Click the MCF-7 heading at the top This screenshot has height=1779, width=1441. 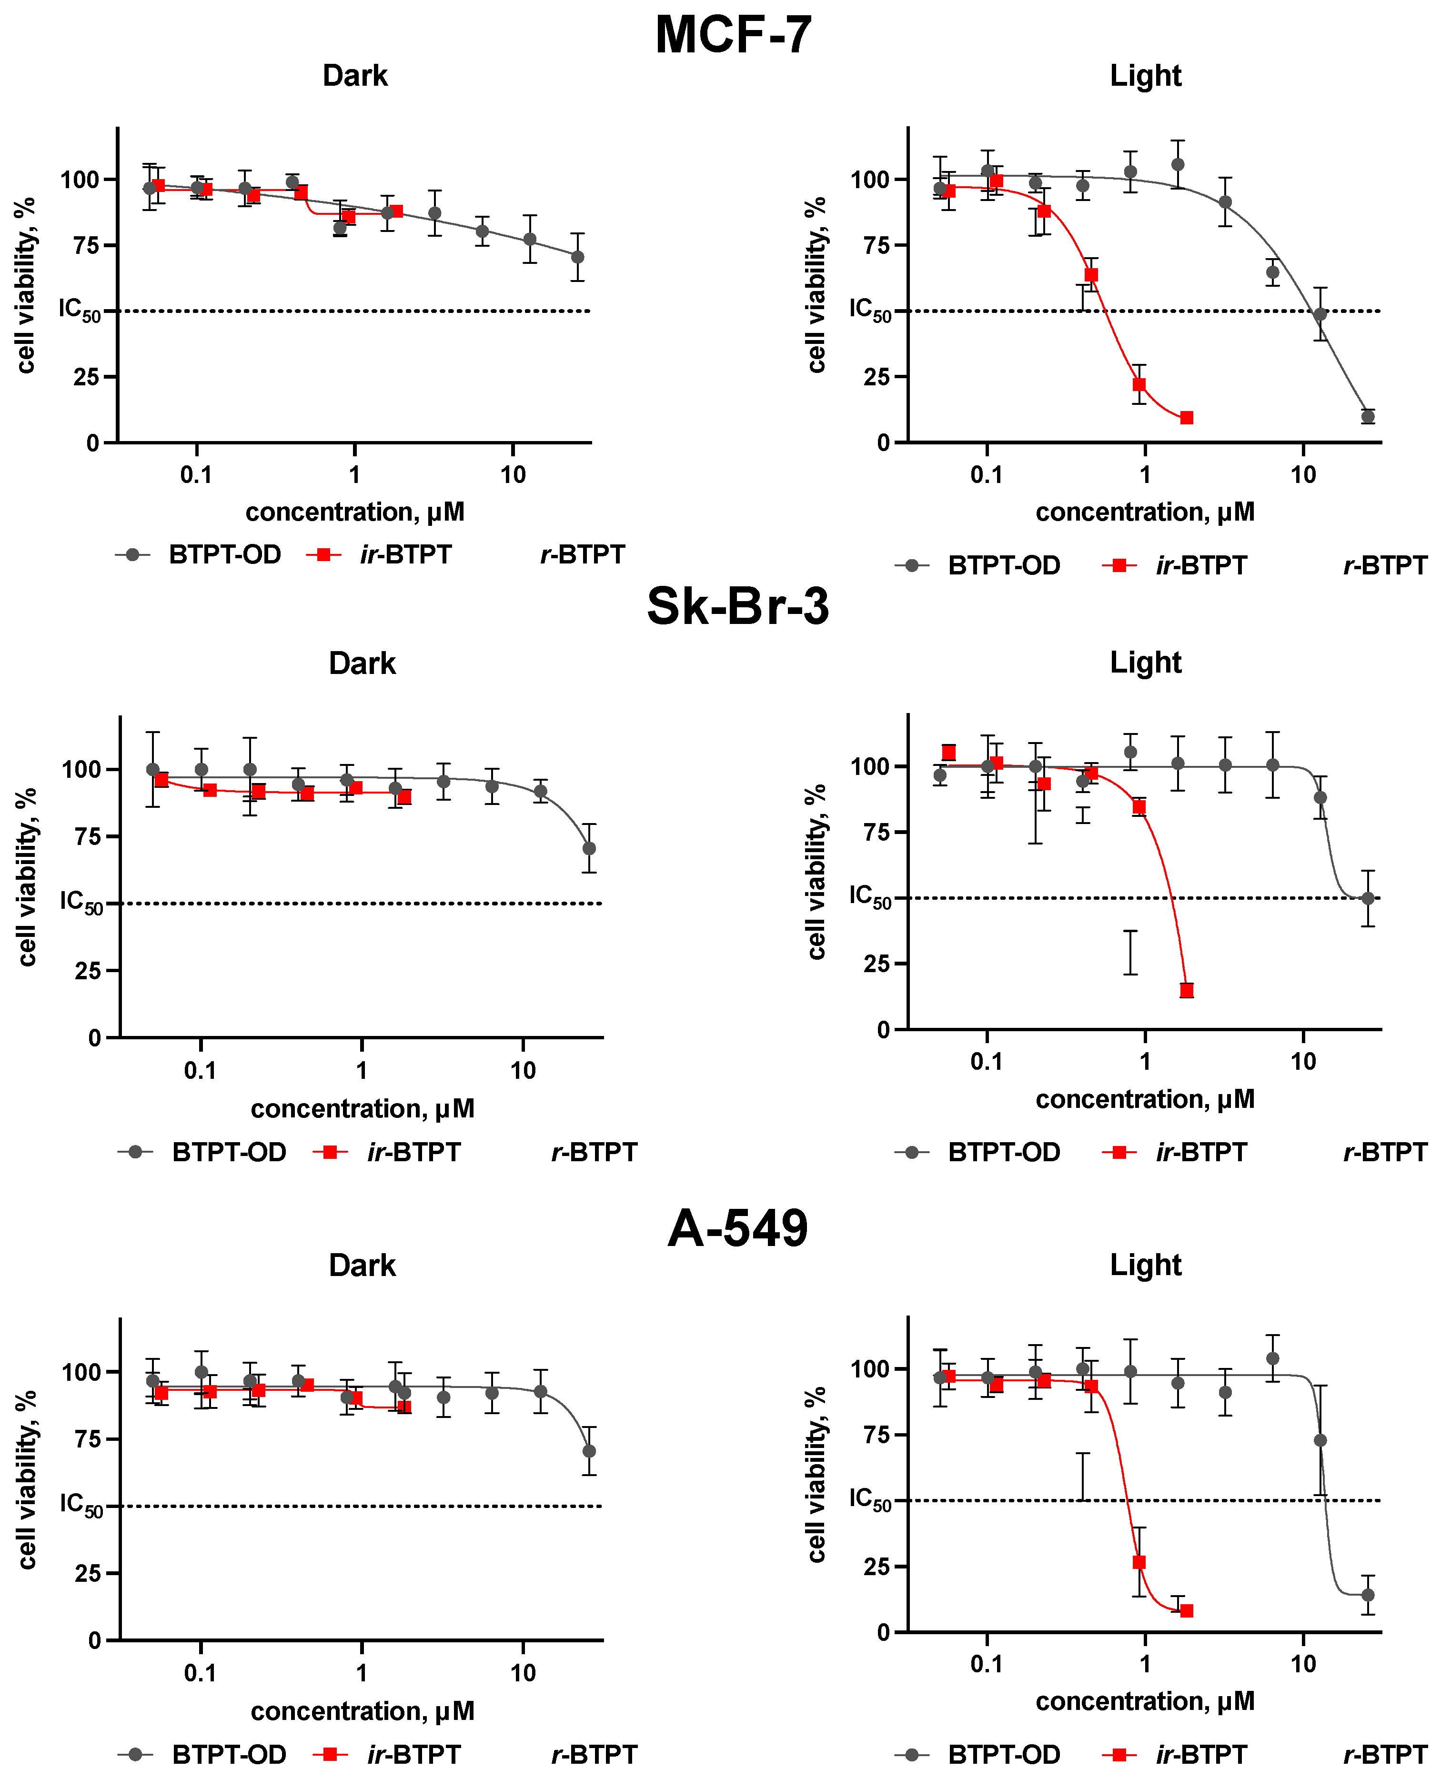[733, 35]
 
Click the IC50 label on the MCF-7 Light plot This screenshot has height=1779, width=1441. [869, 311]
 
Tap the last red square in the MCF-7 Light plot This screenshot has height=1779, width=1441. [1187, 417]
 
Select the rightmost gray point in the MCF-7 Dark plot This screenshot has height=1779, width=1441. [578, 257]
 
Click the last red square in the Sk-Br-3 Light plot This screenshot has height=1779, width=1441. [1187, 990]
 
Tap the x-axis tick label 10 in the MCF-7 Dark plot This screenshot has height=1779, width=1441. [513, 474]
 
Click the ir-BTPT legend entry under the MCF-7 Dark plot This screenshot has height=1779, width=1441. [405, 554]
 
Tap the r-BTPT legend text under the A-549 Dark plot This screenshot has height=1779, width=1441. [595, 1754]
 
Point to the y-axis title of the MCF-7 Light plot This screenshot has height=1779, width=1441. [817, 285]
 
